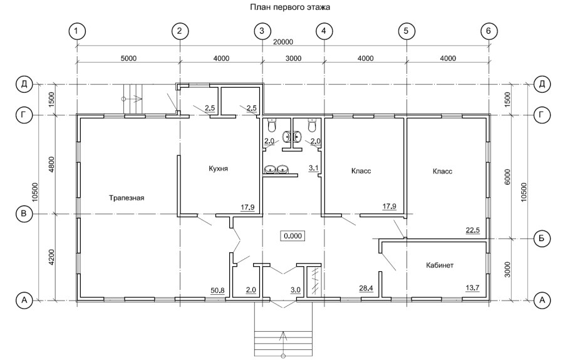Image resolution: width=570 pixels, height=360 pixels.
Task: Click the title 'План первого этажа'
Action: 290,7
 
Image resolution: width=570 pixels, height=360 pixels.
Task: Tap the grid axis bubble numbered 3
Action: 262,31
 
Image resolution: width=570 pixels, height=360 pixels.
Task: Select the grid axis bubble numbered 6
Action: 488,31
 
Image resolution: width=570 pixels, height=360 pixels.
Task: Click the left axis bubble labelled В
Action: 24,213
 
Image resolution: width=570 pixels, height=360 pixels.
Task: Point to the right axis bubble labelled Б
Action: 542,239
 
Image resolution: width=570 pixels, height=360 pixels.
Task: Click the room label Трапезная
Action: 127,198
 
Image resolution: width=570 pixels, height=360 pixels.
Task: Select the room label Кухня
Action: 218,168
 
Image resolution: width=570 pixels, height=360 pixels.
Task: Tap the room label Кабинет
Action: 440,265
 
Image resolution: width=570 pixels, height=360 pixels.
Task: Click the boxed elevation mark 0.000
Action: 293,236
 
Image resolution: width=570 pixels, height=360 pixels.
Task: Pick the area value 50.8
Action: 217,291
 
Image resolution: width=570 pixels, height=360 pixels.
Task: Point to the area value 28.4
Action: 366,289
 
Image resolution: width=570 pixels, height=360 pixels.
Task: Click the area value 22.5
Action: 473,230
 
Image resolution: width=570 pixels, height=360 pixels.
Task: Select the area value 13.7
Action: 472,288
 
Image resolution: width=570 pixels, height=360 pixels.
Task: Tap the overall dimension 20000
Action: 283,42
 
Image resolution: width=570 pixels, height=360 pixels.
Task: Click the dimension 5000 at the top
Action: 128,58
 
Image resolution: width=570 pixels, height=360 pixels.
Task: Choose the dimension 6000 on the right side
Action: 508,177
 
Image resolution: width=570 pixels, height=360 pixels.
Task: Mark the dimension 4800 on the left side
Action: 51,164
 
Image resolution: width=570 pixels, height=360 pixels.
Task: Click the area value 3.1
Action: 313,168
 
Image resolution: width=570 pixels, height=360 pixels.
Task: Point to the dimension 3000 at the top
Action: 293,58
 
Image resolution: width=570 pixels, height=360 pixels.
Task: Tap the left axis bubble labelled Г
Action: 24,115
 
